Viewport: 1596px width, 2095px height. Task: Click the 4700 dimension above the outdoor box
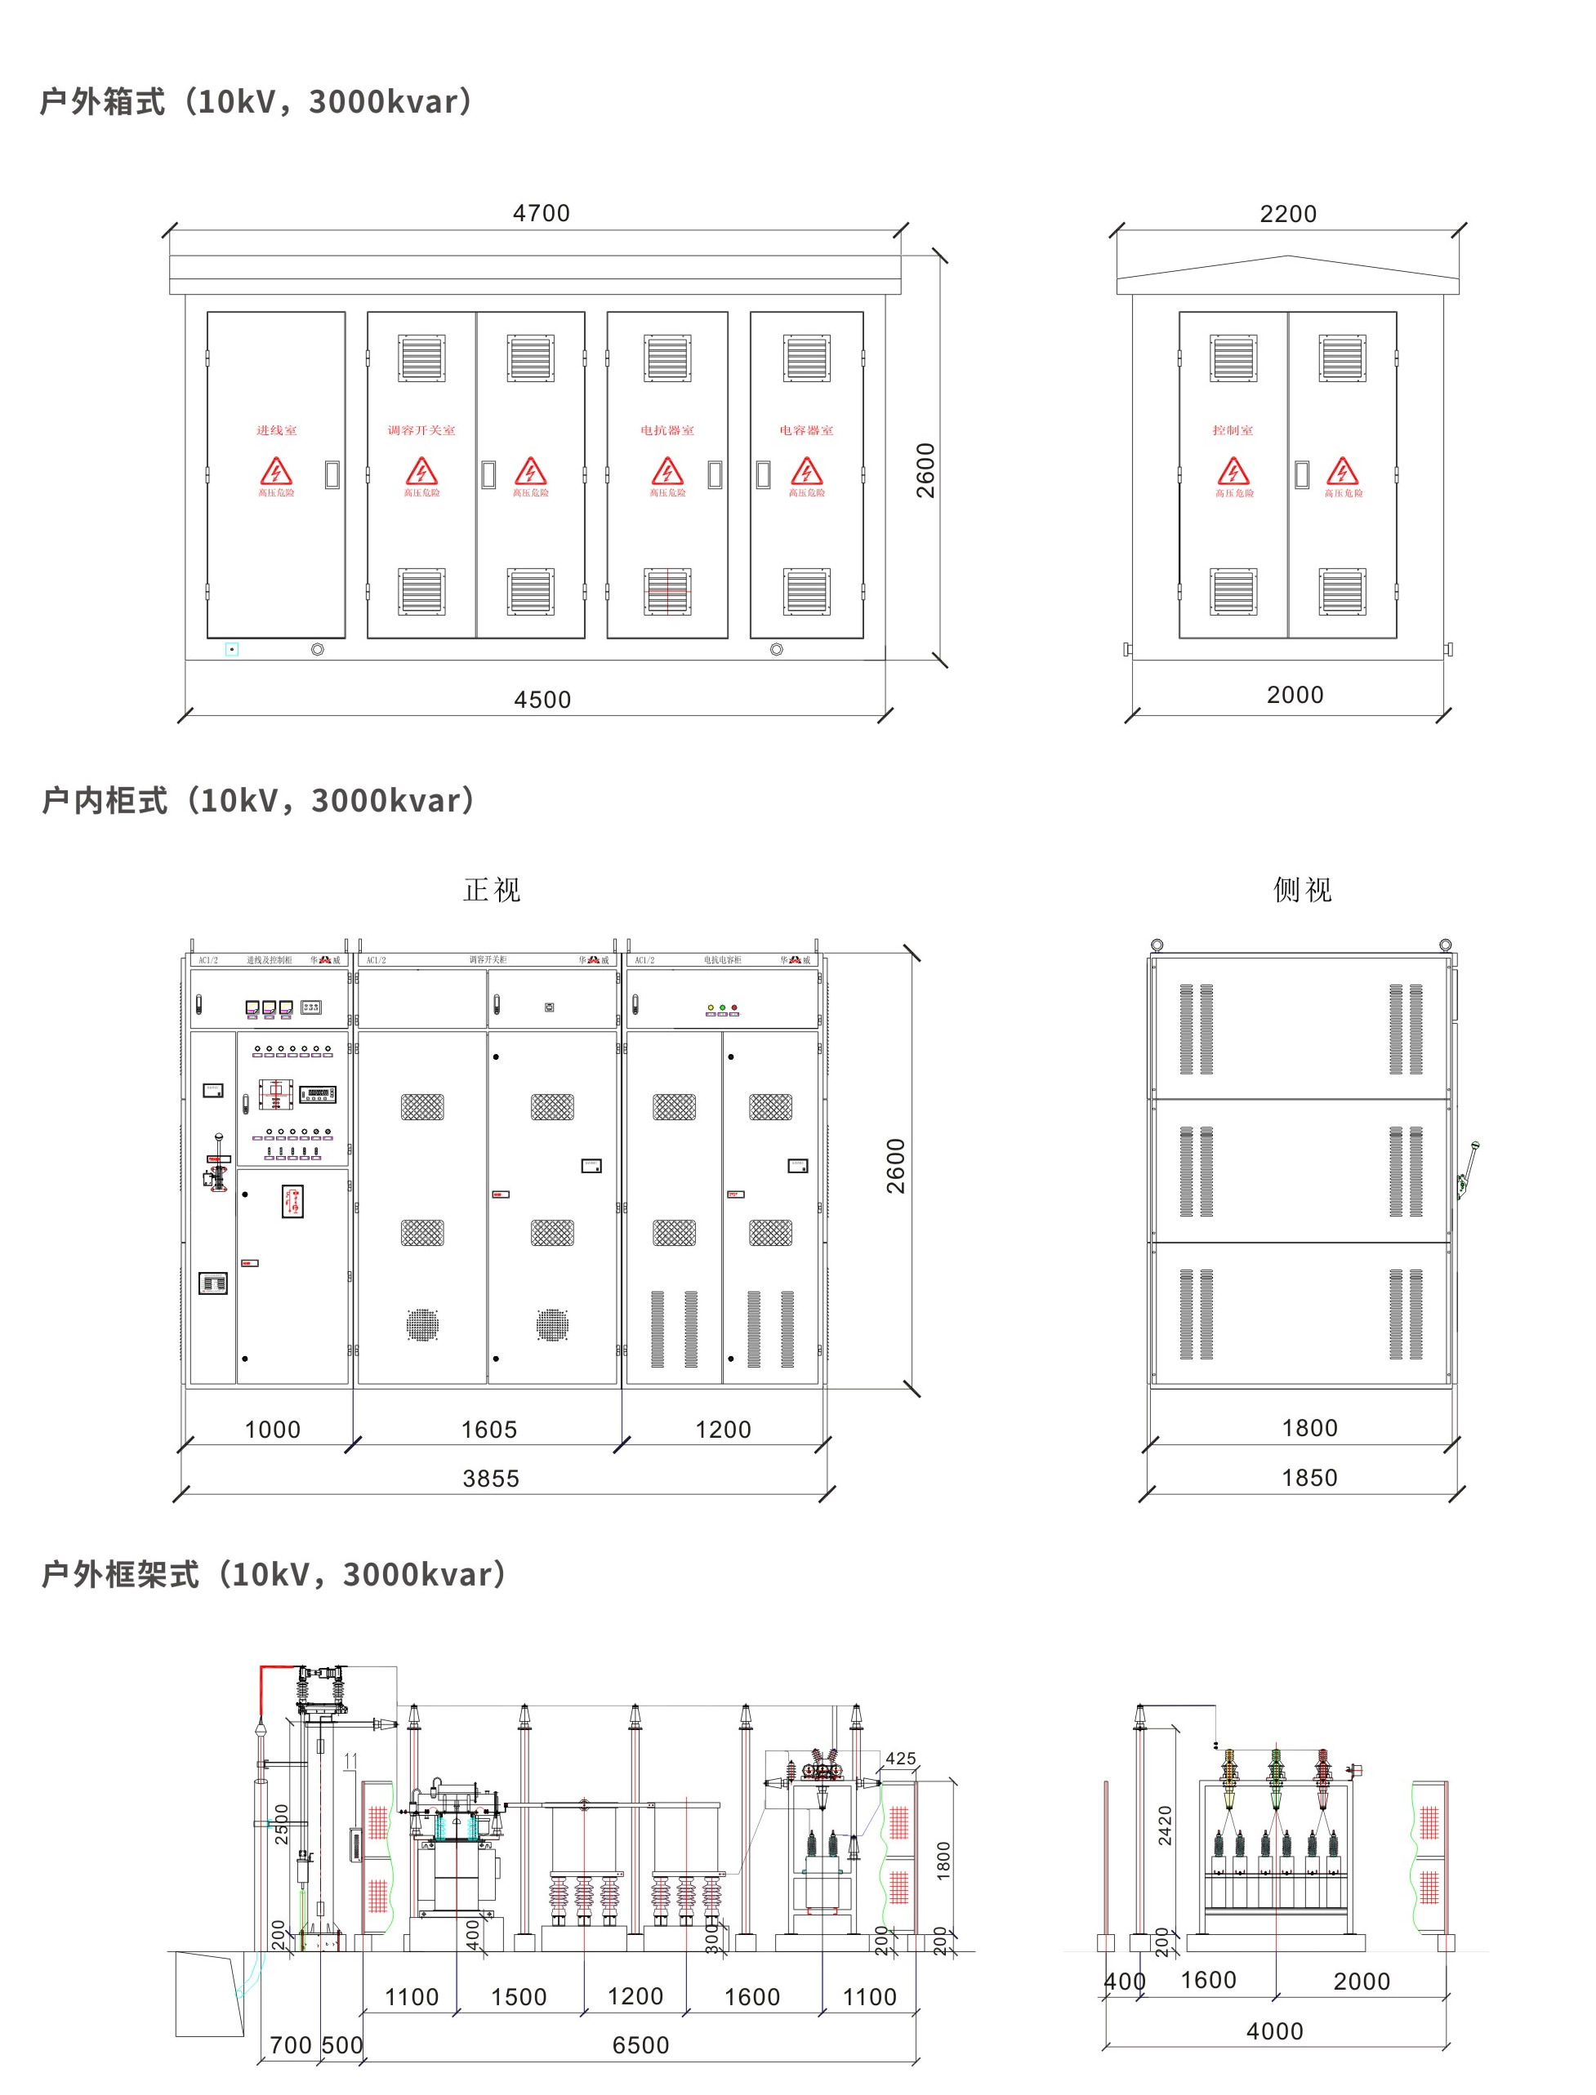[542, 213]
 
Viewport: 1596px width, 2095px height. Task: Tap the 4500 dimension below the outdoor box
[542, 700]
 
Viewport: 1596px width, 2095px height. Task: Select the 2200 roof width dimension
[1288, 214]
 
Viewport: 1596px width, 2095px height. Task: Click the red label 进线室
[276, 430]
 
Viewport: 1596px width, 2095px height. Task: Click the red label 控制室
[1233, 430]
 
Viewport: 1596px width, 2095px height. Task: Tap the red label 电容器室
[806, 430]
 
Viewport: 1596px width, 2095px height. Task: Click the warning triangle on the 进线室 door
[276, 471]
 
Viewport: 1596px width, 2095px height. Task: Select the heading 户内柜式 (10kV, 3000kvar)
[257, 801]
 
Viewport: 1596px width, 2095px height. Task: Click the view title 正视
[492, 890]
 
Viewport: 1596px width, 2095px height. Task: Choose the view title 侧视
[1303, 890]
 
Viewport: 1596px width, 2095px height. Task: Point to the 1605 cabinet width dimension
[489, 1430]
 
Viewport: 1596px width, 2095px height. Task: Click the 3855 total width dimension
[491, 1479]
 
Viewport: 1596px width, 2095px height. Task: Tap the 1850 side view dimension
[1309, 1478]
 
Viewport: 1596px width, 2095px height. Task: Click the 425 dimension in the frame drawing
[901, 1759]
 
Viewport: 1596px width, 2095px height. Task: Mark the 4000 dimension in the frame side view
[1275, 2031]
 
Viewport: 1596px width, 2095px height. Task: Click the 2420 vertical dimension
[1165, 1826]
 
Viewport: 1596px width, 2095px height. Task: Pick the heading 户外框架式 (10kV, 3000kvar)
[274, 1575]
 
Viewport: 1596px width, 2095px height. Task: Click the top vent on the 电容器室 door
[806, 358]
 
